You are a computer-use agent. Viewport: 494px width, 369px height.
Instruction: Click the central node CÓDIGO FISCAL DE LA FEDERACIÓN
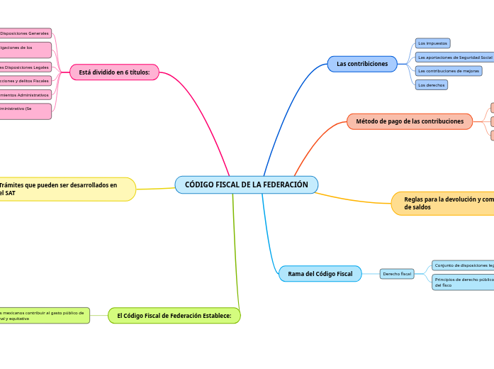pos(246,184)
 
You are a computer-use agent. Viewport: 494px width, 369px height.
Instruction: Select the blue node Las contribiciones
pos(362,64)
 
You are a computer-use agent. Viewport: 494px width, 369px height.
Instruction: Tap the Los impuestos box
pos(432,43)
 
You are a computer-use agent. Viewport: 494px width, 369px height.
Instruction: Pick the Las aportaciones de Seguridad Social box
pos(454,57)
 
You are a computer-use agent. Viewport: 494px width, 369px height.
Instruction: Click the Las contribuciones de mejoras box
pos(449,71)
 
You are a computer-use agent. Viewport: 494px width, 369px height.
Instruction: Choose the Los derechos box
pos(432,85)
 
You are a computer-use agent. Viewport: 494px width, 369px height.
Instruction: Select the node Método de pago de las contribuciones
pos(410,121)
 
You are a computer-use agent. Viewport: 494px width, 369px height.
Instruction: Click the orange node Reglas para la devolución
pos(444,204)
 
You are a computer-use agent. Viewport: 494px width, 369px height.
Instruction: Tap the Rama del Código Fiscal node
pos(320,274)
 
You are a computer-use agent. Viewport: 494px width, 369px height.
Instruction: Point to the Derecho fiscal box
pos(397,274)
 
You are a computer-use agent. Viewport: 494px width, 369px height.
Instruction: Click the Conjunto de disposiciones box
pos(463,265)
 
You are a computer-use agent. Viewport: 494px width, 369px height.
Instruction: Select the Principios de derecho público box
pos(463,282)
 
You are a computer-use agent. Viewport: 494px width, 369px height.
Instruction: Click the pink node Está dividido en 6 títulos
pos(114,72)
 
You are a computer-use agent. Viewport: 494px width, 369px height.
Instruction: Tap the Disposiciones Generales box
pos(26,33)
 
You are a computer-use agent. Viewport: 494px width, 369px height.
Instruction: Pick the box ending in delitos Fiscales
pos(26,81)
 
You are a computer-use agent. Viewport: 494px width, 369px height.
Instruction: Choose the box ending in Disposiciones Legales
pos(26,67)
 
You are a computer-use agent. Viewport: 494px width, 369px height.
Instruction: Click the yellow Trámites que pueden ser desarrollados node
pos(67,189)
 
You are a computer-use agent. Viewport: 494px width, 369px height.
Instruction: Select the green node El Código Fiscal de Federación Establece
pos(174,315)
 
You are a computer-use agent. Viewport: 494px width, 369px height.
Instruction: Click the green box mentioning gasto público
pos(44,315)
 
